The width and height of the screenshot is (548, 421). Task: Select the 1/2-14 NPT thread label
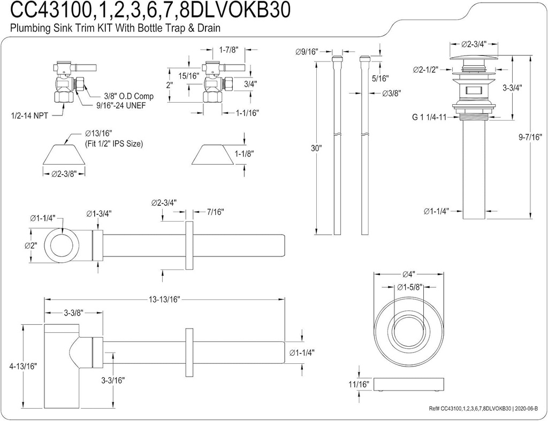click(x=29, y=114)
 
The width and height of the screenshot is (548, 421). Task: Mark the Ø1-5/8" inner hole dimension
click(x=409, y=287)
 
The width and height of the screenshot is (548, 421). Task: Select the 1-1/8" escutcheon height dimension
click(x=245, y=153)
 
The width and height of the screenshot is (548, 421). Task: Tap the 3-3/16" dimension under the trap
click(x=113, y=380)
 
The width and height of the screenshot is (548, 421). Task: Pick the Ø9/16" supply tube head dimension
click(x=307, y=52)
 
